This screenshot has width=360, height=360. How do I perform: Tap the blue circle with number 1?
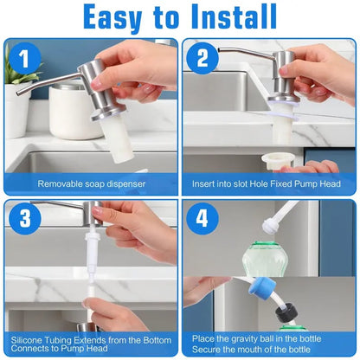[24, 59]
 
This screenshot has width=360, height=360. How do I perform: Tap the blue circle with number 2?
[202, 59]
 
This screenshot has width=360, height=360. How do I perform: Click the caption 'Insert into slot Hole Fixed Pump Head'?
[270, 183]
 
